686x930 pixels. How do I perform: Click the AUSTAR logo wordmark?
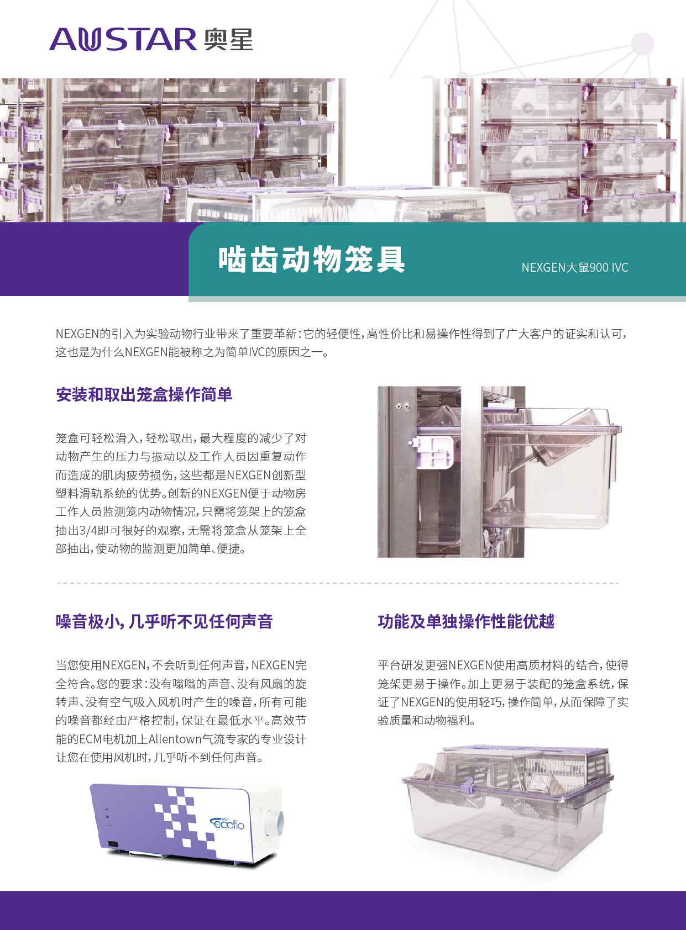pos(123,39)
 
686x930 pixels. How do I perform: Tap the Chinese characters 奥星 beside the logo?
pos(228,39)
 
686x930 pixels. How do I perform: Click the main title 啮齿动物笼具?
pos(312,260)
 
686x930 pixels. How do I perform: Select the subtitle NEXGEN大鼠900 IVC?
pos(575,267)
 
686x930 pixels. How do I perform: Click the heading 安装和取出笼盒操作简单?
pos(144,394)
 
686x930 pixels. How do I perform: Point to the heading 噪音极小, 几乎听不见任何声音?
pos(164,621)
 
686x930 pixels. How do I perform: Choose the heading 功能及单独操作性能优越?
pos(466,621)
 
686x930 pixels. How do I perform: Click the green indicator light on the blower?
pos(106,809)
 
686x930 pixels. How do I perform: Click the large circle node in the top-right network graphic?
pos(642,44)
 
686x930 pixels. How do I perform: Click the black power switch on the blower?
pos(113,844)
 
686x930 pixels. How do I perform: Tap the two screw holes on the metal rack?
pos(402,406)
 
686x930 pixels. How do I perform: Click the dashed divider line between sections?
pos(338,583)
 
